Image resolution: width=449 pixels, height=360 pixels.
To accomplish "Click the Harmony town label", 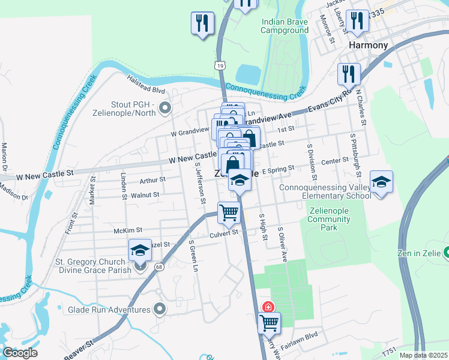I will click(368, 45).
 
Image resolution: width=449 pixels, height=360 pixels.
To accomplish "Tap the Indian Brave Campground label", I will click(285, 26).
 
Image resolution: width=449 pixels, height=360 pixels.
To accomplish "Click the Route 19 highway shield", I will click(220, 64).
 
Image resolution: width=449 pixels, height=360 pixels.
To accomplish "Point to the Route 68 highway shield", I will click(158, 267).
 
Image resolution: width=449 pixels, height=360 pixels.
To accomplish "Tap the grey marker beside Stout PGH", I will click(166, 109).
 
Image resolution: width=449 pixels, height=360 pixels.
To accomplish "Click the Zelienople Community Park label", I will click(328, 219).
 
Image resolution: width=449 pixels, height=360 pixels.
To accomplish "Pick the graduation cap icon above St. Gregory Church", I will click(140, 250).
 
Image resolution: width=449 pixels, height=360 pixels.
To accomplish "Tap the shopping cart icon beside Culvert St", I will click(229, 212).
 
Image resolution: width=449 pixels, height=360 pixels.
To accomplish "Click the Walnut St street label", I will click(145, 195).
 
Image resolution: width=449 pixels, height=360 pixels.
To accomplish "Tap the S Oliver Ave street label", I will click(282, 244).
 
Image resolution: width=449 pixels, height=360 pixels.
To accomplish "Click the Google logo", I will click(20, 353).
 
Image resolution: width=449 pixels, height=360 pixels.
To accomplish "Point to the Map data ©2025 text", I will click(423, 355).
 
